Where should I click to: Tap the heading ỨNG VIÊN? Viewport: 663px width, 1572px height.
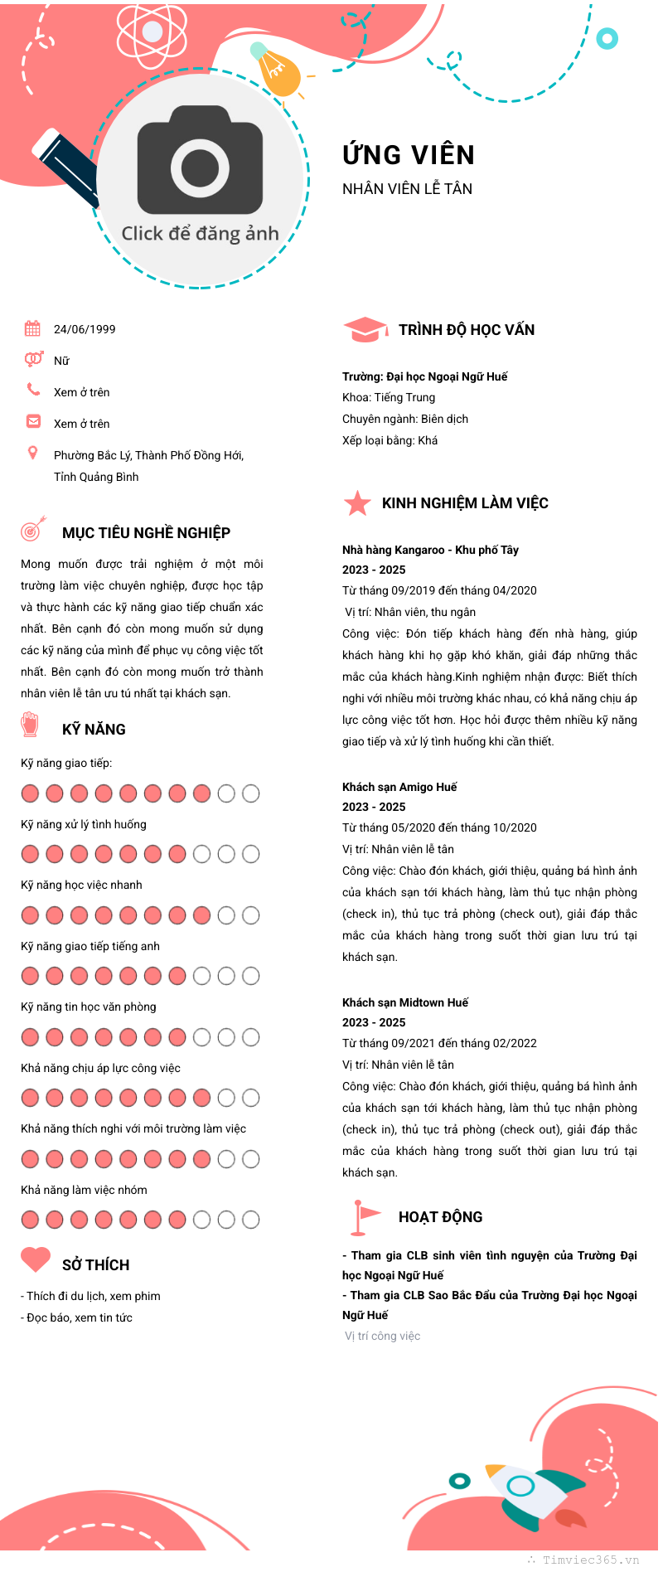pyautogui.click(x=409, y=155)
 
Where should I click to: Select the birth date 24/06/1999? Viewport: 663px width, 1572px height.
pyautogui.click(x=85, y=329)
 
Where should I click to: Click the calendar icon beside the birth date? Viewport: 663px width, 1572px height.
pyautogui.click(x=32, y=328)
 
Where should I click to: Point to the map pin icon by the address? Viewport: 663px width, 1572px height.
pyautogui.click(x=33, y=453)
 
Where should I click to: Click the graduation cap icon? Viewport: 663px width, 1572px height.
pyautogui.click(x=365, y=329)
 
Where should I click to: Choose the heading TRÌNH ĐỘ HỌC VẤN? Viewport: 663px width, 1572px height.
pyautogui.click(x=467, y=330)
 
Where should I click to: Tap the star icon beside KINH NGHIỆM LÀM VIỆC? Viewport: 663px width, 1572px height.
pyautogui.click(x=357, y=502)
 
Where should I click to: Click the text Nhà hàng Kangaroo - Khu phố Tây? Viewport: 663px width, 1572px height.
pyautogui.click(x=430, y=550)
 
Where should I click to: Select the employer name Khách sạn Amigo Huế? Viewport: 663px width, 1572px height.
pyautogui.click(x=399, y=787)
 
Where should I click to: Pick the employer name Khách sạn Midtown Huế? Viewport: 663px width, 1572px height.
pyautogui.click(x=405, y=1002)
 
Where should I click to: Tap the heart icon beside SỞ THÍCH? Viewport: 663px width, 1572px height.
pyautogui.click(x=36, y=1260)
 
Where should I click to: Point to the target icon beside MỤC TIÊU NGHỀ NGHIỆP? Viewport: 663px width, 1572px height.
pyautogui.click(x=32, y=529)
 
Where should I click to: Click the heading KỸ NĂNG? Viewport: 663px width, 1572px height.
pyautogui.click(x=94, y=730)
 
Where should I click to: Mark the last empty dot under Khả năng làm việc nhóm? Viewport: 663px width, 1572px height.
pyautogui.click(x=250, y=1220)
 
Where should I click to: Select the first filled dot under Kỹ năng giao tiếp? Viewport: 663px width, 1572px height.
pyautogui.click(x=30, y=793)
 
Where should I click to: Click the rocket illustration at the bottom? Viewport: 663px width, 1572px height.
pyautogui.click(x=530, y=1493)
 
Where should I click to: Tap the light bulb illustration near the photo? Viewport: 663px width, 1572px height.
pyautogui.click(x=276, y=70)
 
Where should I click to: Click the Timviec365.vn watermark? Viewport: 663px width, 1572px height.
pyautogui.click(x=589, y=1560)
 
